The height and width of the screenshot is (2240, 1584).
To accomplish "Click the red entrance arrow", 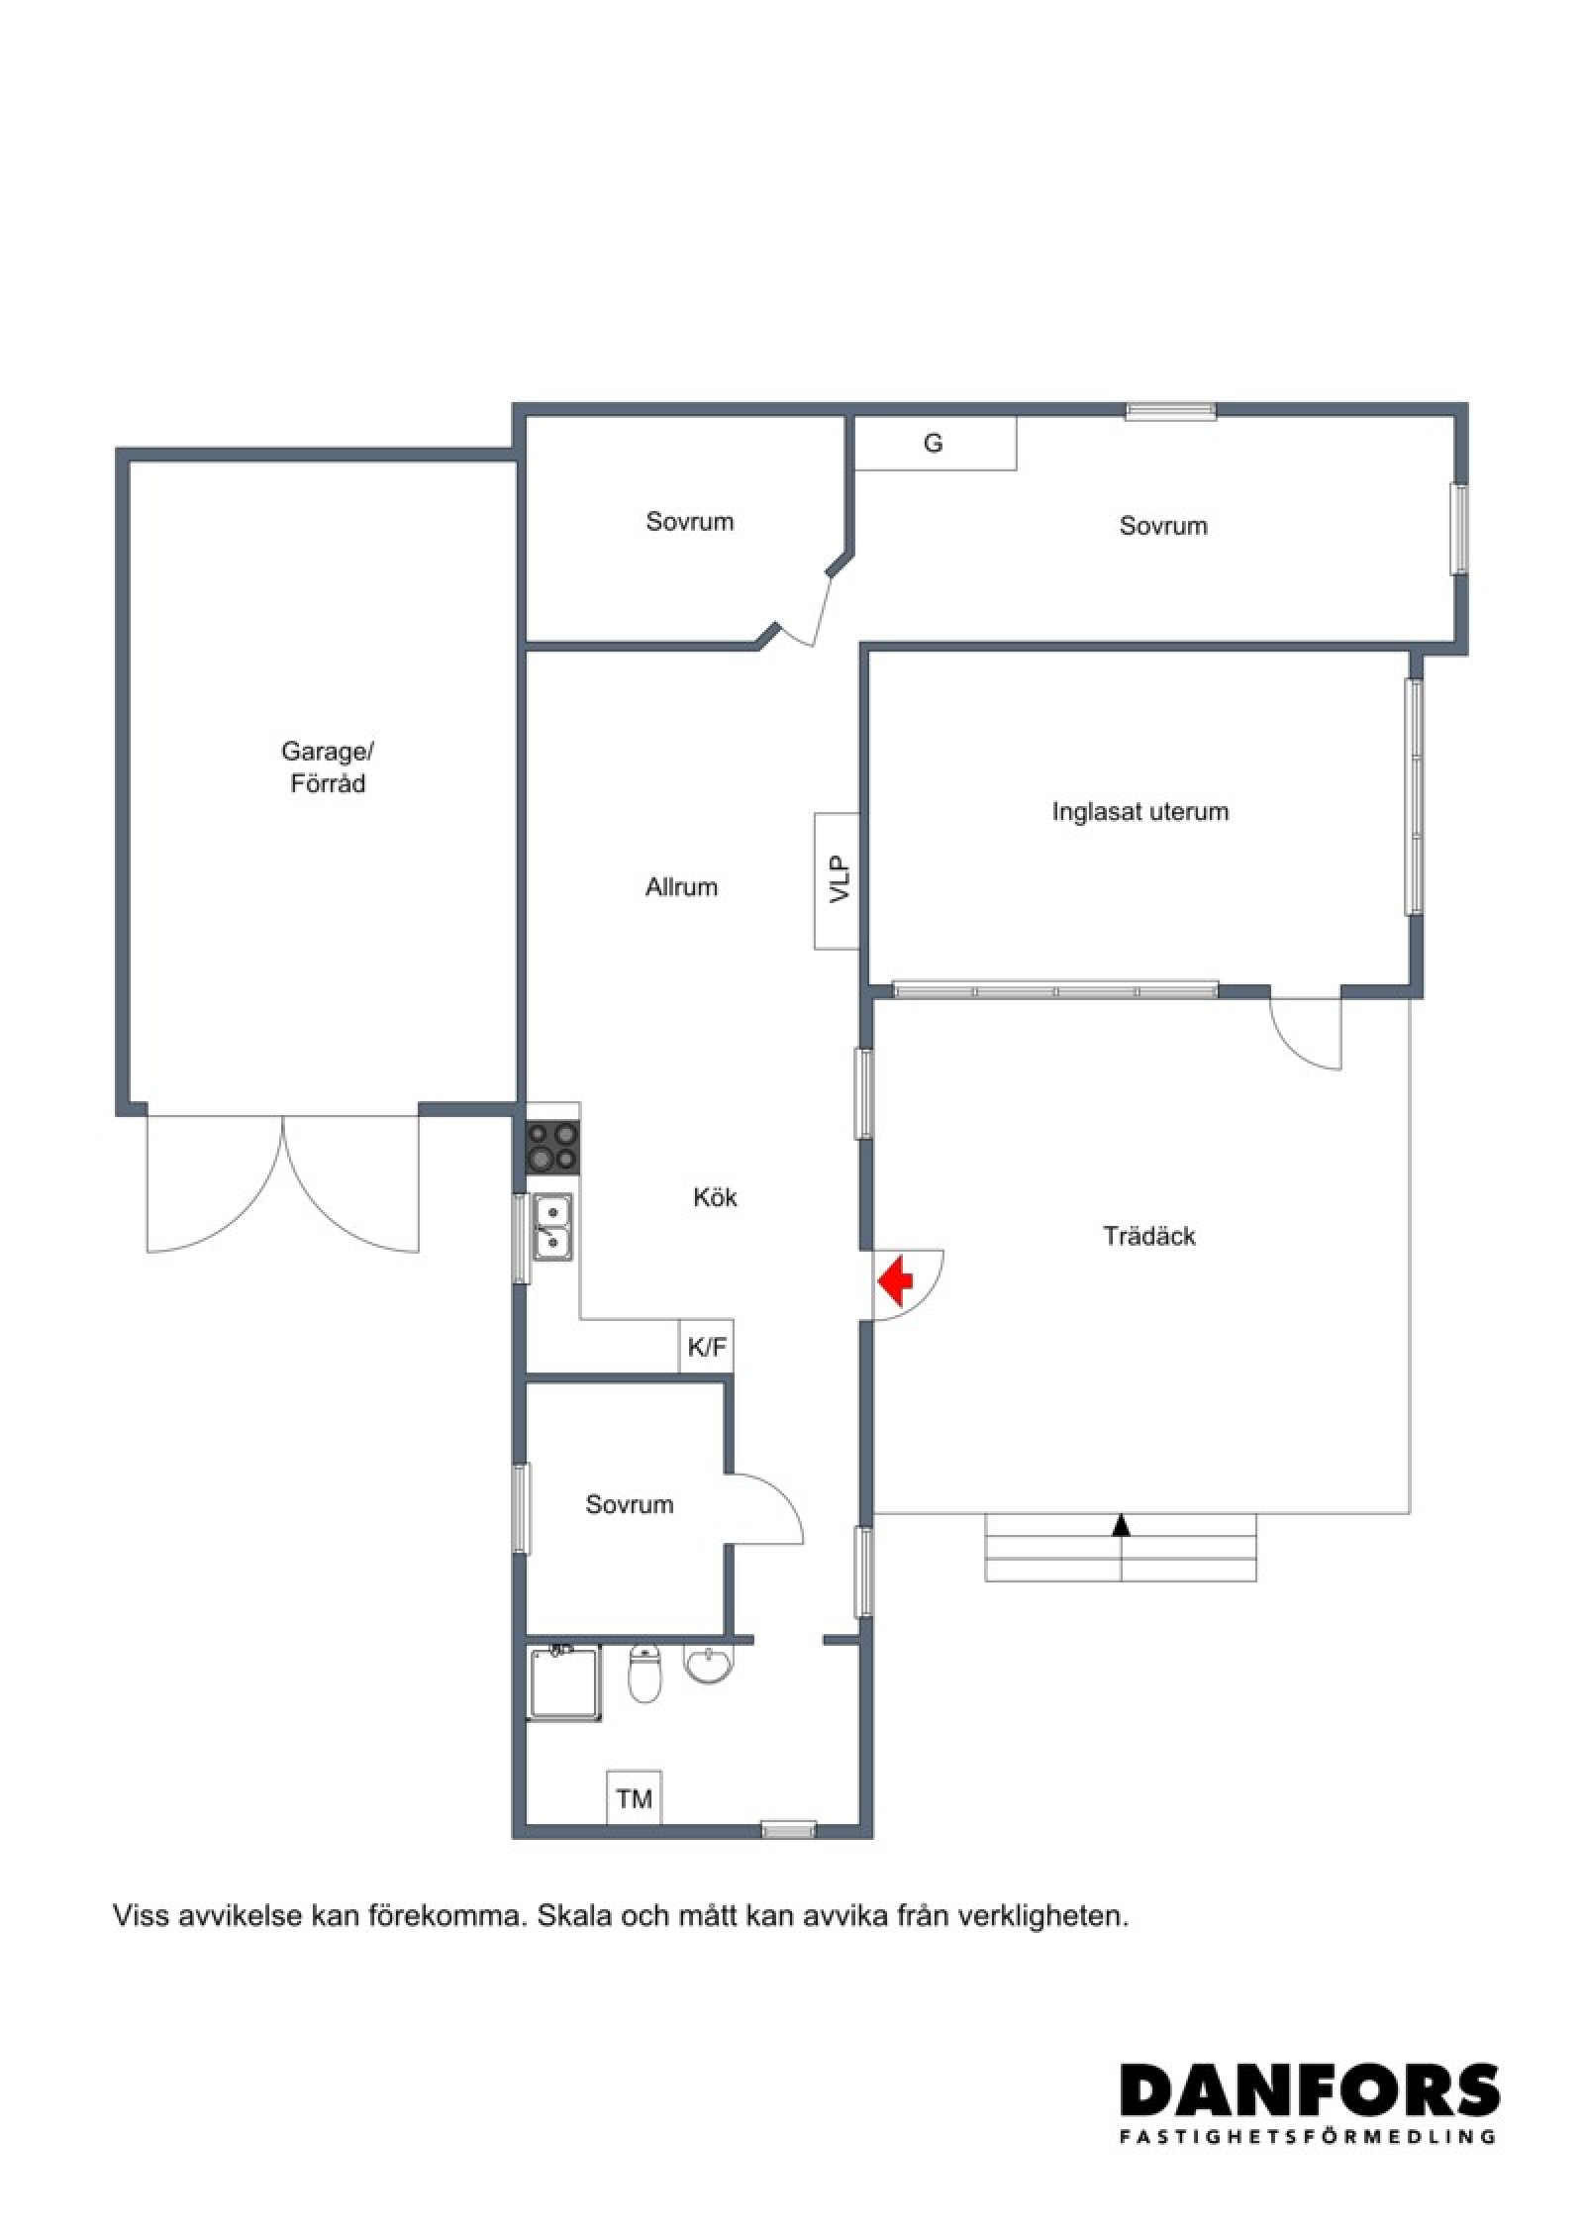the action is (x=895, y=1282).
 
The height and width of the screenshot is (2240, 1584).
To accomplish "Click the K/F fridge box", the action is (x=706, y=1347).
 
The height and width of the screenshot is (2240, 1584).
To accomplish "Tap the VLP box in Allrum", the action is (x=837, y=880).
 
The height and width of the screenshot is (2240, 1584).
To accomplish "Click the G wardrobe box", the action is (x=936, y=443).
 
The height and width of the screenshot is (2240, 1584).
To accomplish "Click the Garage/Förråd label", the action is (x=328, y=767).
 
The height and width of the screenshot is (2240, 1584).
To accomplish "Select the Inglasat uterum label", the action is (x=1140, y=812).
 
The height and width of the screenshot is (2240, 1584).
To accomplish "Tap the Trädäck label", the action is (x=1149, y=1236).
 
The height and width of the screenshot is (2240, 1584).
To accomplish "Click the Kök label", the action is (x=715, y=1197).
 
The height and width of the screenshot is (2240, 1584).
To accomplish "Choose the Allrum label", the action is (x=681, y=887).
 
